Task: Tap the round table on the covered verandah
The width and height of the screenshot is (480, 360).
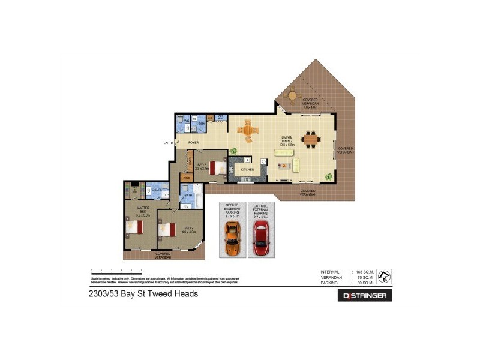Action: [x=292, y=95]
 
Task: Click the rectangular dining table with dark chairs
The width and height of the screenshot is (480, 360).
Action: [x=311, y=139]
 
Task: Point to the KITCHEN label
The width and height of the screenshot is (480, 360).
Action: [x=248, y=170]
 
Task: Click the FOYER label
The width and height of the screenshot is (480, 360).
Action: [x=193, y=143]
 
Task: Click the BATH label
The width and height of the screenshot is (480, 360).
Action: [x=188, y=195]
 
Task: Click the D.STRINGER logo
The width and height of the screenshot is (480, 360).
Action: [x=366, y=295]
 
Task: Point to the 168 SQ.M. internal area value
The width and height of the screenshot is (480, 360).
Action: [x=365, y=272]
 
